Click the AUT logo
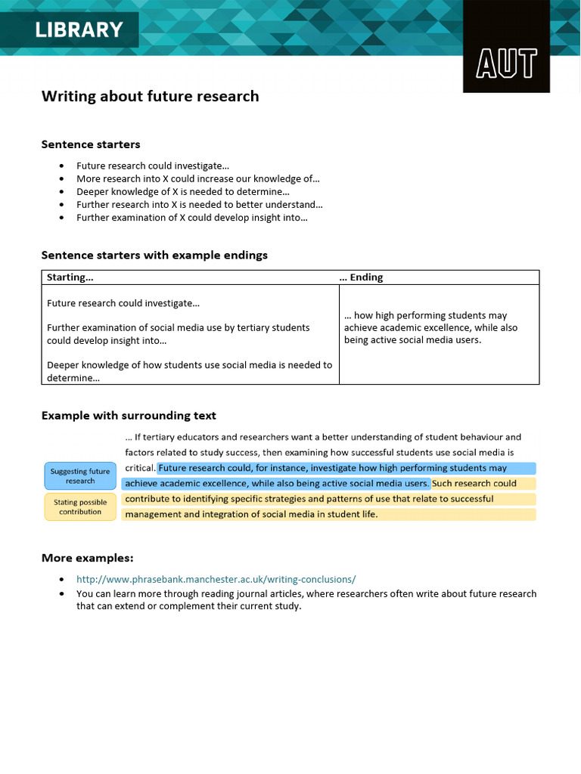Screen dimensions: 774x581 (506, 63)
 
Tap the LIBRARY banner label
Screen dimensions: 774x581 (78, 30)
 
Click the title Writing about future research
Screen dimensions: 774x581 (150, 96)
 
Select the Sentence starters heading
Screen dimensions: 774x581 (91, 144)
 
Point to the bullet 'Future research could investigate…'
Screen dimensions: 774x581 (152, 166)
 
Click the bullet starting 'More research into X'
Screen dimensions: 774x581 (197, 178)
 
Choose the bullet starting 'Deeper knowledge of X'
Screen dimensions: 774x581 (182, 191)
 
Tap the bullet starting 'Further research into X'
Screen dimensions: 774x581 (199, 204)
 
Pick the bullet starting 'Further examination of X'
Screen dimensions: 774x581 (191, 217)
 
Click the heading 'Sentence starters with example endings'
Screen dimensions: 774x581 (154, 255)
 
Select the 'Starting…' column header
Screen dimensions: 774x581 (70, 277)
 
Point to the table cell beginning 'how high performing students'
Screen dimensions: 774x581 (430, 327)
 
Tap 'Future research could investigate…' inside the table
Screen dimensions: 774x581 (123, 303)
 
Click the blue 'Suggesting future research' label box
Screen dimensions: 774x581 (80, 476)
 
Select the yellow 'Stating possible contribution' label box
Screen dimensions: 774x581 (80, 506)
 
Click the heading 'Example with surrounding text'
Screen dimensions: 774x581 (129, 416)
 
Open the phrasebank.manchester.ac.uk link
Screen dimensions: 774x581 (216, 579)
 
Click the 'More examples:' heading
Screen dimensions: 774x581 (87, 558)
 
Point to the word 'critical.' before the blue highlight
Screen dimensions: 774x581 (140, 468)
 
